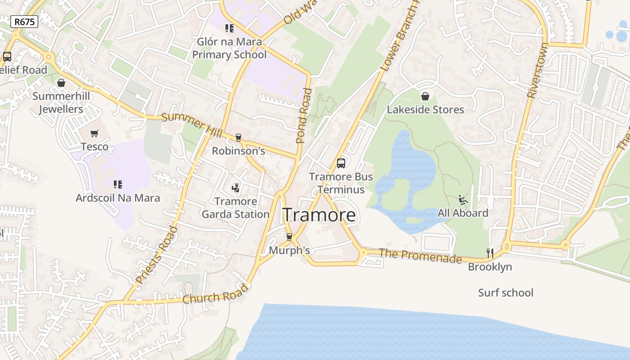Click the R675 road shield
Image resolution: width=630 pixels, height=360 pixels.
point(24,22)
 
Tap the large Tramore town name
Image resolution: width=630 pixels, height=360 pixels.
point(319,215)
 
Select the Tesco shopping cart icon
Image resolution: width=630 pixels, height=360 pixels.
point(94,134)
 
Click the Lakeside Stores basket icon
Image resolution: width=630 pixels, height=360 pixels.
point(425,96)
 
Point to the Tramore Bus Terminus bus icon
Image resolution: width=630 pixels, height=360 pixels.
point(341,163)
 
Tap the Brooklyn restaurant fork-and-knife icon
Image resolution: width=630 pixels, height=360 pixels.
point(490,253)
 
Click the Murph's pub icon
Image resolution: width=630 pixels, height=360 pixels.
point(289,237)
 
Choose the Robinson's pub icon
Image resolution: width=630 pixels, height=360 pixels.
point(238,138)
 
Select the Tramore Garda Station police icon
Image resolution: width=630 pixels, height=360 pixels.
point(235,188)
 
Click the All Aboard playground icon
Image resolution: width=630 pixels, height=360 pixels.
point(463,199)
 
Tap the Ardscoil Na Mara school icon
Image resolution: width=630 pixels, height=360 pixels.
point(118,184)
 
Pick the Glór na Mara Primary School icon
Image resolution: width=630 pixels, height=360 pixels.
point(229,29)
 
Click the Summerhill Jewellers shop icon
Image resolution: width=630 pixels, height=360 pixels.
point(61,83)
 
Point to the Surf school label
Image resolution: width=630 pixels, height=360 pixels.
point(505,293)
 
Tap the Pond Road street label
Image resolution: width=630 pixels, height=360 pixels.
point(304,116)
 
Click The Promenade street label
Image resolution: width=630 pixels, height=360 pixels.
point(420,256)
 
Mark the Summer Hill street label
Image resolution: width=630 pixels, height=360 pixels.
point(192,126)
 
